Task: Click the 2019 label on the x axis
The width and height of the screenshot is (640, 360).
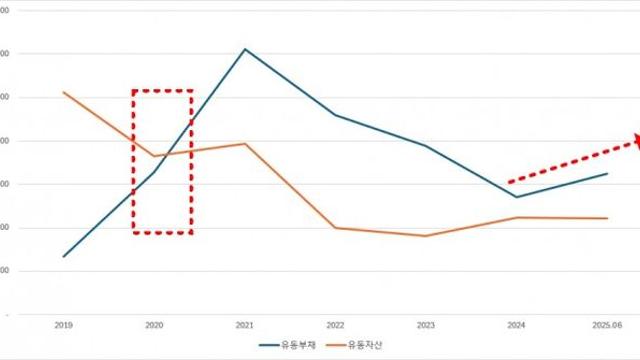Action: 64,325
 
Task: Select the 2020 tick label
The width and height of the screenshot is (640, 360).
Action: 155,325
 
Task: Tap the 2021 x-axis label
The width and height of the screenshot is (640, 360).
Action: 245,325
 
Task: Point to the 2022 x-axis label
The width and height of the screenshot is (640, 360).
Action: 335,325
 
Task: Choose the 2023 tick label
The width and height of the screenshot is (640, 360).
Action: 426,325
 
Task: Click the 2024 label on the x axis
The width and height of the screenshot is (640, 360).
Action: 517,325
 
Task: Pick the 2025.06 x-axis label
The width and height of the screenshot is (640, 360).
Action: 607,325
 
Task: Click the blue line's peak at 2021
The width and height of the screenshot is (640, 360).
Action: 245,49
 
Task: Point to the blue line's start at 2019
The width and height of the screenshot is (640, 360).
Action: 64,256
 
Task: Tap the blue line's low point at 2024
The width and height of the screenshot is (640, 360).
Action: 517,197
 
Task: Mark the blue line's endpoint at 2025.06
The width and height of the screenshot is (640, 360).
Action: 607,173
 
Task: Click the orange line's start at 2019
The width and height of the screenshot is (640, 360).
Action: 64,93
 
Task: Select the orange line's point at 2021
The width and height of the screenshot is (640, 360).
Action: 245,144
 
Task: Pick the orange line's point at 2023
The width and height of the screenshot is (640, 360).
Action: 426,236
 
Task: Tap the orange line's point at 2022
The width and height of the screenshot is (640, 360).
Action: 335,228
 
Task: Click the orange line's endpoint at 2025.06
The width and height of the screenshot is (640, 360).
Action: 607,218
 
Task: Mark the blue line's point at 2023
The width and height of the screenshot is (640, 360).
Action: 426,146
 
